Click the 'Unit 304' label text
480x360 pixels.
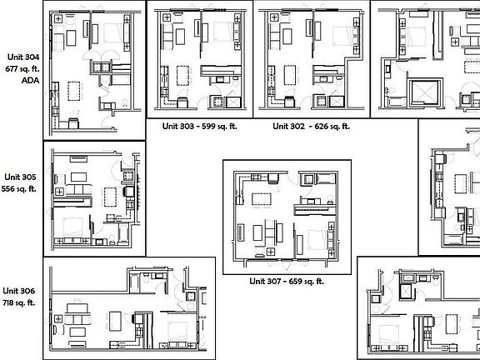22,57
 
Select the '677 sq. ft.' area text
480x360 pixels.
22,67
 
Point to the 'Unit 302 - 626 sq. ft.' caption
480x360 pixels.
311,127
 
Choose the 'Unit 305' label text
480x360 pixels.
21,177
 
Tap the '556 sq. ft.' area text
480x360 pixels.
21,189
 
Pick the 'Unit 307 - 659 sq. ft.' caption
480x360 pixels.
286,281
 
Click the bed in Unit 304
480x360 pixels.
108,33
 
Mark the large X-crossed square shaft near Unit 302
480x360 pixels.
427,91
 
